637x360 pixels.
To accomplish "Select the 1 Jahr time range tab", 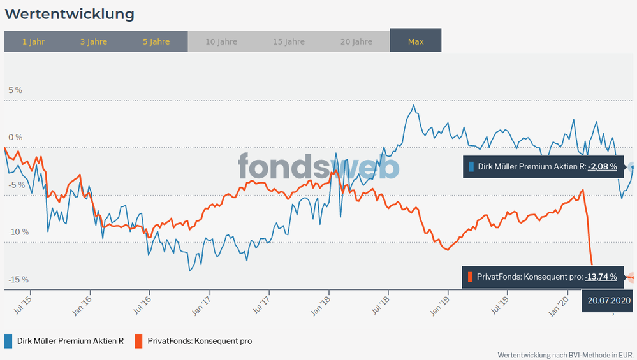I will [x=33, y=41].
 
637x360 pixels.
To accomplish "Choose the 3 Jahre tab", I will [x=94, y=41].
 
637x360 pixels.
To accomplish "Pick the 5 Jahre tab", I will [x=156, y=41].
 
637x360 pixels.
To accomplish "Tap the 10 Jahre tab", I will [x=221, y=41].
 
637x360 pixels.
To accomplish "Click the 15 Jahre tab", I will [x=289, y=41].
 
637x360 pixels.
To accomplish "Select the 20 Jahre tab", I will [x=356, y=41].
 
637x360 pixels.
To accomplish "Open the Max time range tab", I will [x=416, y=41].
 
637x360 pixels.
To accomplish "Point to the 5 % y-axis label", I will [x=15, y=90].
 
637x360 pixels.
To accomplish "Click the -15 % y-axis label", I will [x=18, y=280].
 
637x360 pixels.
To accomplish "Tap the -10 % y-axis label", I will [x=18, y=232].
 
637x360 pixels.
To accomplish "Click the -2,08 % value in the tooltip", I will [x=603, y=167].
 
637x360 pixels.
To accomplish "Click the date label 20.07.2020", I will [x=609, y=300].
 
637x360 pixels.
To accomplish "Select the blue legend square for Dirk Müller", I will [x=9, y=341].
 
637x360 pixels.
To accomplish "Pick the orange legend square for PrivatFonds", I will [x=138, y=341].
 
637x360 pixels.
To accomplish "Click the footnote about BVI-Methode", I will [x=566, y=354].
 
